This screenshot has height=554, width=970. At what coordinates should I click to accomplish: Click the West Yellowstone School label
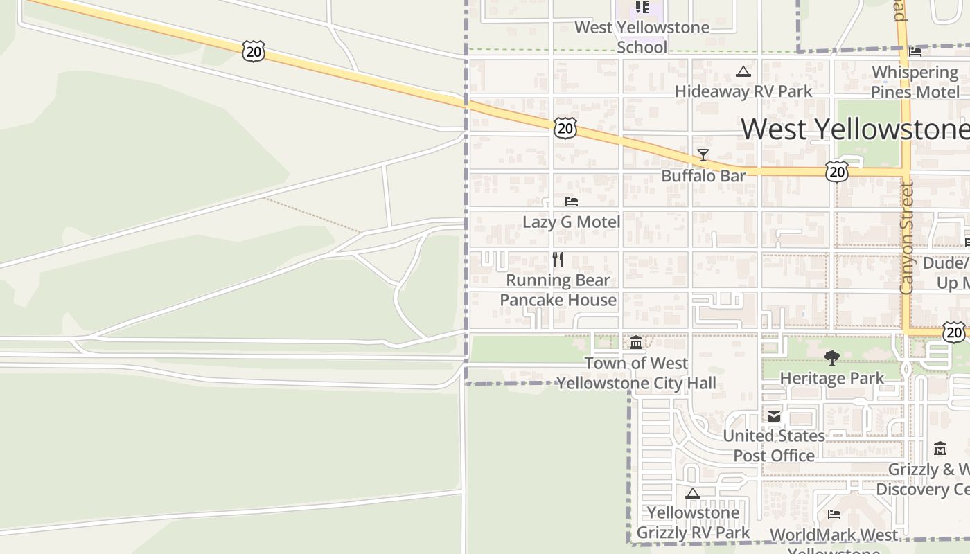click(642, 37)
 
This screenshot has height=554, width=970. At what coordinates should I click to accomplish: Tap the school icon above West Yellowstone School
click(642, 8)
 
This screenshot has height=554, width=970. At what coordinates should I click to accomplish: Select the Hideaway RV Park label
click(743, 91)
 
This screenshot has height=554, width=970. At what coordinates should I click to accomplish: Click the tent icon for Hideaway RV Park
click(743, 71)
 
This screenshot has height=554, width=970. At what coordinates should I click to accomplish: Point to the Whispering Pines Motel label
click(915, 82)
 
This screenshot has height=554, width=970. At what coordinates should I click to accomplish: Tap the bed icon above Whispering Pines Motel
click(915, 51)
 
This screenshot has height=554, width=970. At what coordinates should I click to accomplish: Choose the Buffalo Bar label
click(703, 176)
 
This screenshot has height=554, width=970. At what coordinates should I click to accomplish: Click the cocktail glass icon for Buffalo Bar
click(703, 155)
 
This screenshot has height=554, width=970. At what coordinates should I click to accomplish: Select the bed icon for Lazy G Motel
click(572, 202)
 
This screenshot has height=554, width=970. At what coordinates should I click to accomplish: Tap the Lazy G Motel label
click(572, 222)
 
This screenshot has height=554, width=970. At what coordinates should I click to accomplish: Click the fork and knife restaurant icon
click(558, 260)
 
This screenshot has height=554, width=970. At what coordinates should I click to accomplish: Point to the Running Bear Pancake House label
click(558, 290)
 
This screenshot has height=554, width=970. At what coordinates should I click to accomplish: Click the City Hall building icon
click(636, 342)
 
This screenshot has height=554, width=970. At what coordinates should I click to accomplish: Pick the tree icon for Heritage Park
click(832, 358)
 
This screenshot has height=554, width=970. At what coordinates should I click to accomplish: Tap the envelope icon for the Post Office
click(774, 415)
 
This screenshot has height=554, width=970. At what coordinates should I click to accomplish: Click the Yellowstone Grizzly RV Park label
click(693, 523)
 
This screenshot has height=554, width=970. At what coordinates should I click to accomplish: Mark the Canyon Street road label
click(907, 239)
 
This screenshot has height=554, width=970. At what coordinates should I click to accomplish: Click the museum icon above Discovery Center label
click(940, 449)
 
